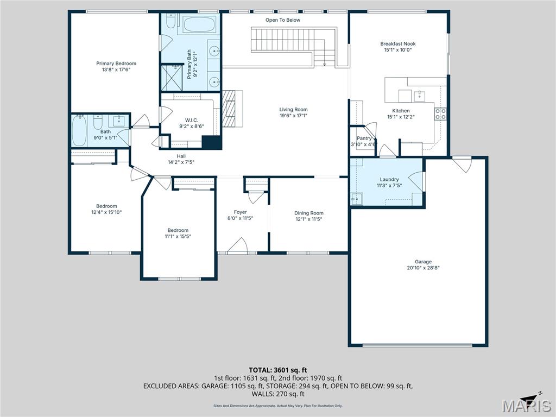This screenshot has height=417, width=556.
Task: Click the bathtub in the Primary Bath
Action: tap(198, 25)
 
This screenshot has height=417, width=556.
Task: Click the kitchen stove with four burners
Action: tap(440, 113)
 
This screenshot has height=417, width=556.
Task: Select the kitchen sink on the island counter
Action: tap(419, 97)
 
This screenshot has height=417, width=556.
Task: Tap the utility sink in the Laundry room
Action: tap(356, 199)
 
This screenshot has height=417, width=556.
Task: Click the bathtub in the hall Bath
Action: tap(79, 131)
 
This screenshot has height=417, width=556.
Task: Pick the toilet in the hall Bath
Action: tap(98, 124)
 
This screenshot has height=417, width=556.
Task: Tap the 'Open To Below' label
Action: tap(282, 20)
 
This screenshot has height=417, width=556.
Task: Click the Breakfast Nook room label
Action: tap(397, 44)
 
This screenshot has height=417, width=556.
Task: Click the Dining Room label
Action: tap(308, 213)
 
